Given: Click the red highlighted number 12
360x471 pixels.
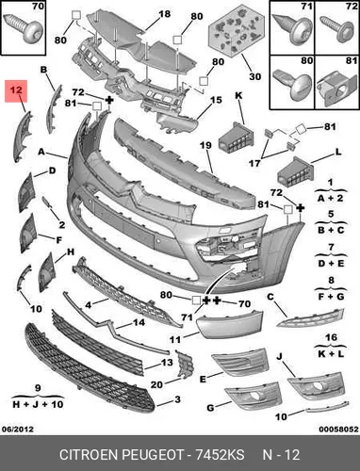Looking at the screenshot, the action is tap(16, 90).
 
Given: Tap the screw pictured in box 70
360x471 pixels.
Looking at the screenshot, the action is tap(23, 27).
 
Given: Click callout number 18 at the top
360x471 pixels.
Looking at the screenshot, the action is tap(164, 14).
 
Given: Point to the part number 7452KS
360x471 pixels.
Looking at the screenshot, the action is tap(220, 455).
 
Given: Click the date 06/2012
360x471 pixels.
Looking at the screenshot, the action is tap(18, 429).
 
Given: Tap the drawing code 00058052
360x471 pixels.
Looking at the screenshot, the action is tap(338, 429).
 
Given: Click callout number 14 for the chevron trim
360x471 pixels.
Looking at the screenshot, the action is tap(139, 322).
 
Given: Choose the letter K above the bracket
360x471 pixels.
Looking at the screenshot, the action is tap(238, 95).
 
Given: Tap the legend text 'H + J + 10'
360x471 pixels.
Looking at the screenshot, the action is tap(38, 404).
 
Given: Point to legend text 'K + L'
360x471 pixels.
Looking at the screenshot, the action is tap(331, 353).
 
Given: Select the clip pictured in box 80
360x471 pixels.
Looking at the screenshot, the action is tap(292, 83).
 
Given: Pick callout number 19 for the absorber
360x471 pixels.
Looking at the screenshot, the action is tap(205, 146).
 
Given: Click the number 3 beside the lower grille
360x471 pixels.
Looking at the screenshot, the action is tap(177, 399).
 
